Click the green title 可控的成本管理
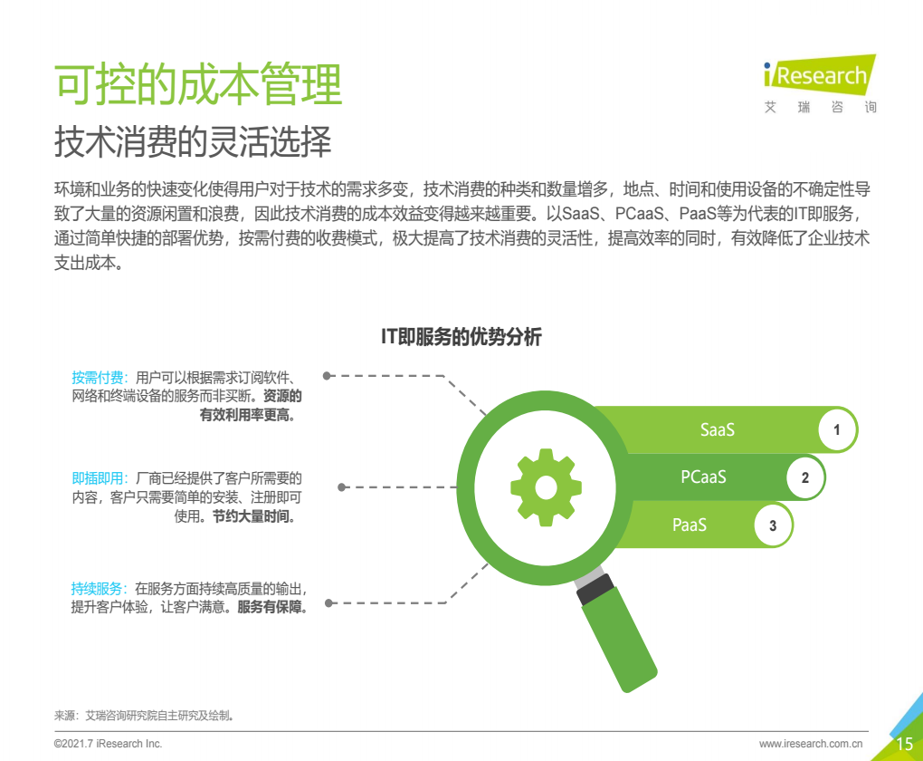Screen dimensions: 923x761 (198, 84)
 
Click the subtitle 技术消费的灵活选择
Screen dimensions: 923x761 (193, 141)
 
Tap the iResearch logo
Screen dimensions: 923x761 (820, 83)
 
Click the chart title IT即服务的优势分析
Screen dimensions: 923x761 (461, 337)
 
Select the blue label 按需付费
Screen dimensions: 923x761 (97, 377)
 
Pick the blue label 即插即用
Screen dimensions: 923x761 (97, 478)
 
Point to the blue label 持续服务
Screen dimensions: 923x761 (97, 588)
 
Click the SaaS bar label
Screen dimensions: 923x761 (717, 429)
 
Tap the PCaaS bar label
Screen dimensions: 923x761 (703, 477)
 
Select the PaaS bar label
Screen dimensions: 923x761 (690, 525)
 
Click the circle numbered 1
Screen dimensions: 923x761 (836, 429)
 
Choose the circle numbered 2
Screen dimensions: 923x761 (804, 477)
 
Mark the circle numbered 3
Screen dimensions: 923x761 (772, 525)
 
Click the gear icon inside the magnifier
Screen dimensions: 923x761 (546, 487)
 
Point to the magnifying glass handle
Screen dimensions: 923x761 (617, 632)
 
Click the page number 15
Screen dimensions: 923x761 (904, 744)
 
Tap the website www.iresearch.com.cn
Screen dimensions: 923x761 (811, 744)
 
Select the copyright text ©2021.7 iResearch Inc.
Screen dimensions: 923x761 (108, 744)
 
